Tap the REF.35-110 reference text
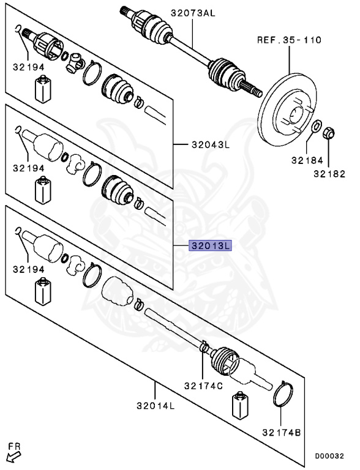(x=289, y=40)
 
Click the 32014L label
(x=156, y=405)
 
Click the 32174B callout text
(x=281, y=432)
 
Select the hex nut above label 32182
(x=328, y=132)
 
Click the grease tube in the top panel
(x=42, y=91)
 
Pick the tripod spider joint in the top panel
(x=76, y=61)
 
